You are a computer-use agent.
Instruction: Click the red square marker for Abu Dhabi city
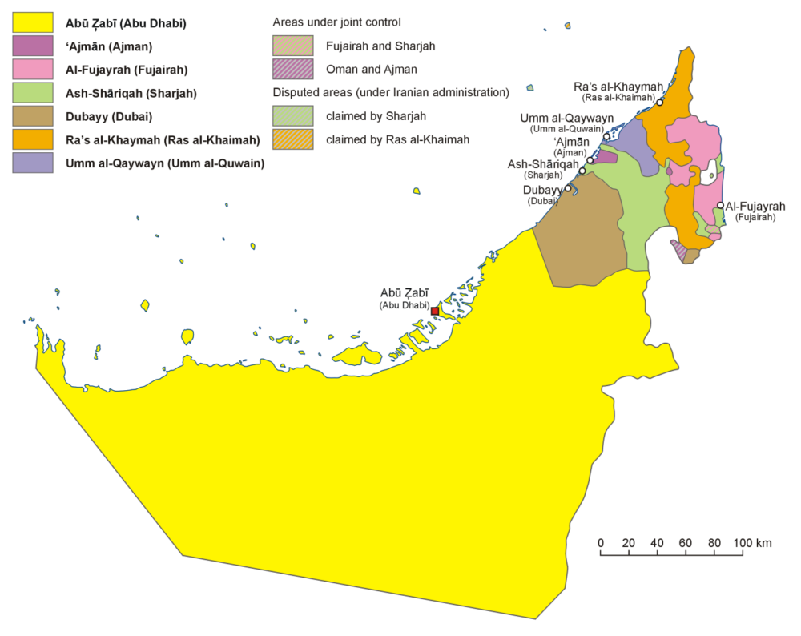(435, 311)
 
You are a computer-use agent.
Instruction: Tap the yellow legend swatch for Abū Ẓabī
(33, 23)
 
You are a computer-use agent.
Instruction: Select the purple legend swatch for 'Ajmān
(33, 46)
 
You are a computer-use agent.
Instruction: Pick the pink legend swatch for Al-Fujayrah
(33, 70)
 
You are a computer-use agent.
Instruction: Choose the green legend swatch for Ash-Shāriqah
(33, 93)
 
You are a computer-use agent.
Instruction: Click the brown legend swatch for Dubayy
(33, 116)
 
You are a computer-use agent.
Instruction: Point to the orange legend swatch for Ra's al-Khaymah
(33, 139)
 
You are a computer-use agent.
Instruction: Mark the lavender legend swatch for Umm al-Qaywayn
(33, 163)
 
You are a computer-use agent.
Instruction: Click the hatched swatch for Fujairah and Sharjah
(292, 46)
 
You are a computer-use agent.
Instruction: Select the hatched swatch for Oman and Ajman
(292, 70)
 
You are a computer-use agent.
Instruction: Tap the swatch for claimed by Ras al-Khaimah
(292, 139)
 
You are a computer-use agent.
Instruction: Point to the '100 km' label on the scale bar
(752, 543)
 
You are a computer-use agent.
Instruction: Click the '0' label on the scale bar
(601, 543)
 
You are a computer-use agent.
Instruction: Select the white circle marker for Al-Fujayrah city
(720, 206)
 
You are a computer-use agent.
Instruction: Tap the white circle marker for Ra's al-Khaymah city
(660, 103)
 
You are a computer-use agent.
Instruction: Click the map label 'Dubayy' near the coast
(541, 190)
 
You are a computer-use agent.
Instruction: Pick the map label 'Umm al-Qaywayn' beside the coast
(566, 118)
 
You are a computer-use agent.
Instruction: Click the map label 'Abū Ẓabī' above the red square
(405, 293)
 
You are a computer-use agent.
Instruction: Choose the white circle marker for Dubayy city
(568, 188)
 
